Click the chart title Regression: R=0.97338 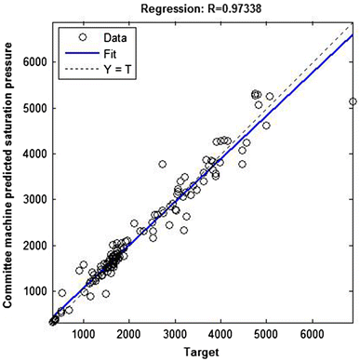[x=202, y=8]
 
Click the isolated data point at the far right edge [x=353, y=101]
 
